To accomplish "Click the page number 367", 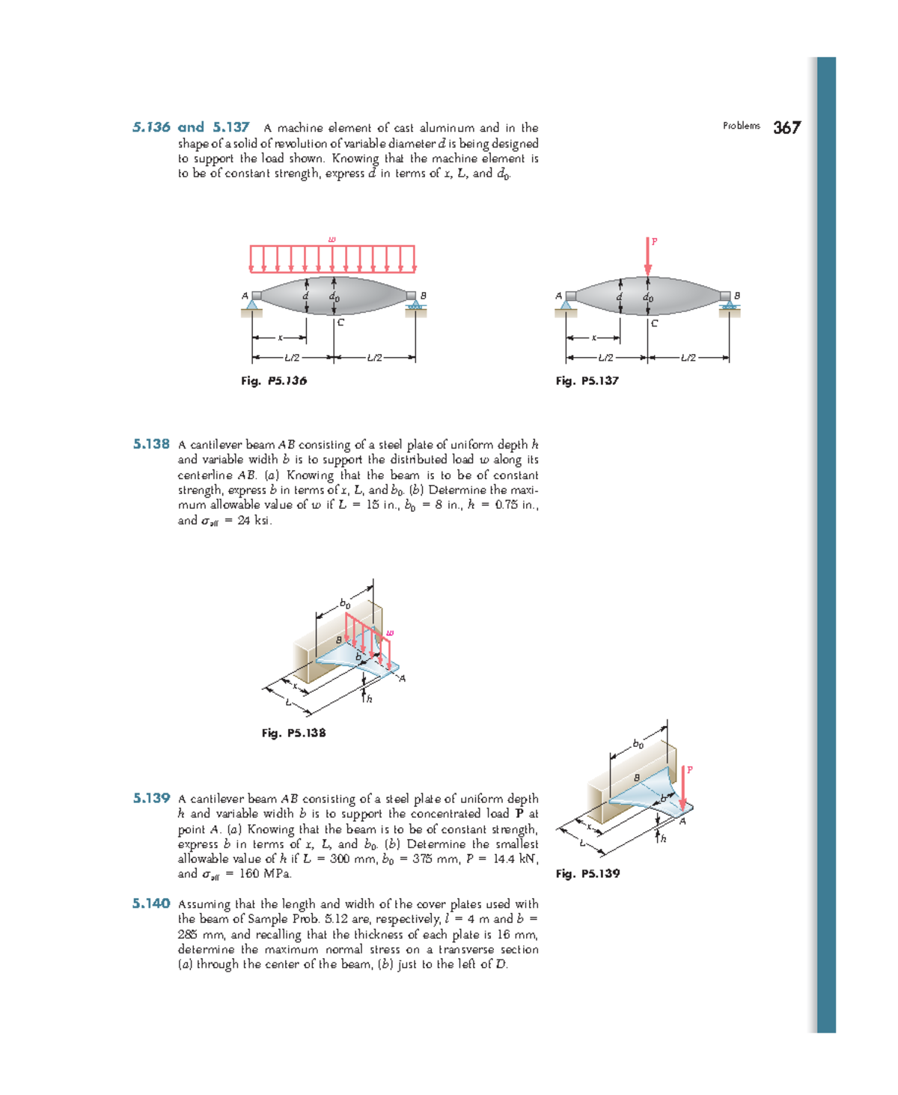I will point(786,128).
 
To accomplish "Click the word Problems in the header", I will point(741,126).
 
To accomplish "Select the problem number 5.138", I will point(151,444).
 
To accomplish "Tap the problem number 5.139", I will point(151,798).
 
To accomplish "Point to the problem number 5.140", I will point(151,903).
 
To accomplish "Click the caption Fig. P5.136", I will point(273,380).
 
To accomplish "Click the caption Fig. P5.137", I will point(587,380).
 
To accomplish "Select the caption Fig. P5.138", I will point(293,733).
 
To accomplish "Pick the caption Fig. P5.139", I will point(587,873).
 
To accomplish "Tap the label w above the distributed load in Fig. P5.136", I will point(332,240).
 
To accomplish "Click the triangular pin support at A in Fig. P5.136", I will point(252,304).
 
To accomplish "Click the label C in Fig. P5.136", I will point(340,323).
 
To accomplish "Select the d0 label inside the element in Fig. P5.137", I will point(648,297).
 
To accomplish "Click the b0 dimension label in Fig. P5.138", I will point(345,603).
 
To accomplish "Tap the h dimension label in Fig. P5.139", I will point(663,838).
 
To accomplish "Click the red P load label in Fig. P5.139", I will point(689,769).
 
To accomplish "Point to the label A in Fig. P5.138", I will point(402,678).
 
